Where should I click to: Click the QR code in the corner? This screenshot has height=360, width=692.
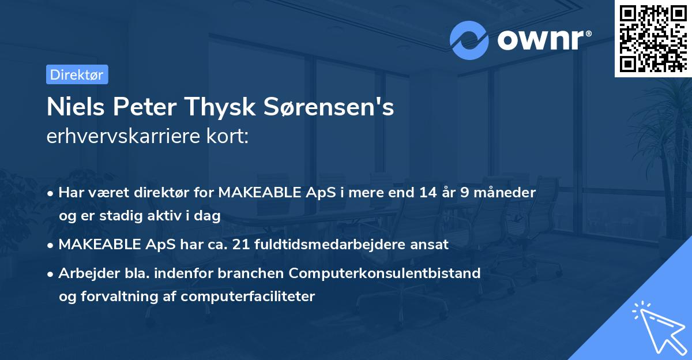pyautogui.click(x=653, y=39)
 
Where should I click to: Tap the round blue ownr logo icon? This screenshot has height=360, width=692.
pyautogui.click(x=469, y=40)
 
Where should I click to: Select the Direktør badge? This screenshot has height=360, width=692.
pyautogui.click(x=77, y=74)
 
